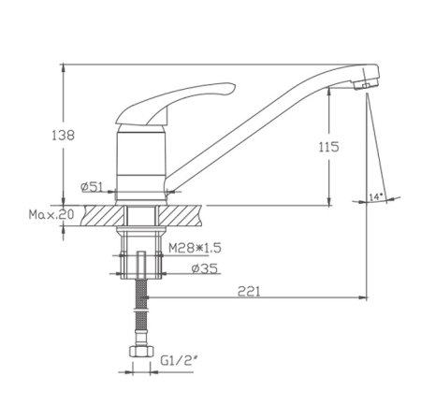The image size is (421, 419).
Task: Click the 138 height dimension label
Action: (64, 136)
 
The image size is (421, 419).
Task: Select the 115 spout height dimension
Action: (328, 147)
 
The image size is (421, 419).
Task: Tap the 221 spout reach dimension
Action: (249, 292)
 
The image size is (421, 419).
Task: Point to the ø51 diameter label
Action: (92, 187)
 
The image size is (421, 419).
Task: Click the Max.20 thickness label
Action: (51, 214)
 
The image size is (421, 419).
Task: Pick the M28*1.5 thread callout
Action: (195, 248)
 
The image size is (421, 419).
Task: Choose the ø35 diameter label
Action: (205, 268)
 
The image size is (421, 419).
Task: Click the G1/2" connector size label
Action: (180, 361)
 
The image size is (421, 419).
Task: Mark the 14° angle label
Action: (376, 196)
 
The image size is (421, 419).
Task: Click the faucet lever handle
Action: (175, 103)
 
